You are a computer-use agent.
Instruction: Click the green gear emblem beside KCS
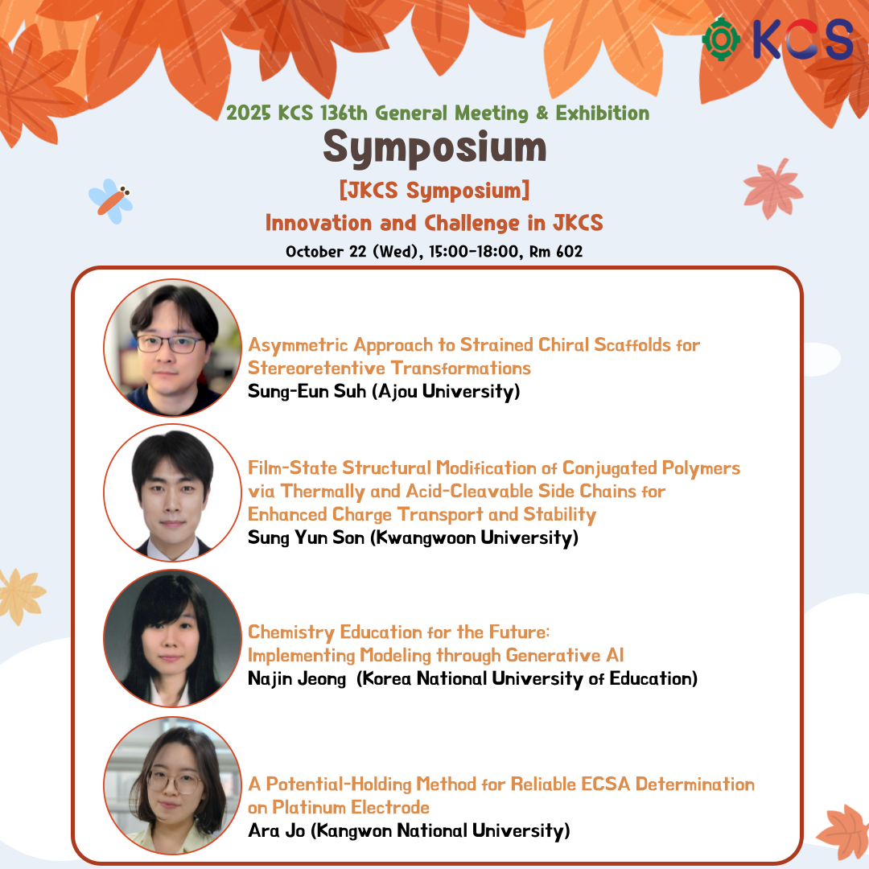tap(721, 39)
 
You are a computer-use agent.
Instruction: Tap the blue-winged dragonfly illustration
tap(111, 201)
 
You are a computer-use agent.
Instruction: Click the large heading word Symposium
tap(434, 148)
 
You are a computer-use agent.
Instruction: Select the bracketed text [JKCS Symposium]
tap(434, 191)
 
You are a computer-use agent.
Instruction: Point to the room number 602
tap(569, 252)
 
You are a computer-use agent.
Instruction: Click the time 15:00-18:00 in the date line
tap(474, 252)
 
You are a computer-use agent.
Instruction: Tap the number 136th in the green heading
tap(344, 113)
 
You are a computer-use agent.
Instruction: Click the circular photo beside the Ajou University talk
tap(172, 348)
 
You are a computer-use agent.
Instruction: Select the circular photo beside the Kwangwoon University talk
tap(172, 492)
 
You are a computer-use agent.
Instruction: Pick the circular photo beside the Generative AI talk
tap(172, 638)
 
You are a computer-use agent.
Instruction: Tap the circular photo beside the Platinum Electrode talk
tap(172, 785)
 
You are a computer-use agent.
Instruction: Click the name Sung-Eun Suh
tap(307, 391)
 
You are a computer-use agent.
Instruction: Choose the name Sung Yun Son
tap(306, 537)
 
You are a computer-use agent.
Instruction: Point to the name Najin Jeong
tap(296, 679)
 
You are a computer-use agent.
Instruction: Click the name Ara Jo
tap(277, 830)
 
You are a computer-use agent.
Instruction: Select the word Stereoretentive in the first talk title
tap(316, 368)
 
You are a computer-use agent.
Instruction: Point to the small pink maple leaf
tap(773, 188)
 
